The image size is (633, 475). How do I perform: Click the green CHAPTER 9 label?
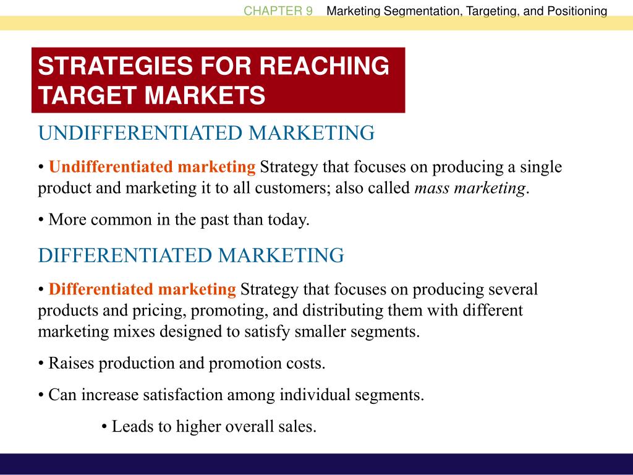[278, 11]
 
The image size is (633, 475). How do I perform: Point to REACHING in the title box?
[324, 66]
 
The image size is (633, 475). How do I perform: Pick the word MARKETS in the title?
[205, 95]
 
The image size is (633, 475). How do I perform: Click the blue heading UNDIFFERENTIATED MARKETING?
[206, 134]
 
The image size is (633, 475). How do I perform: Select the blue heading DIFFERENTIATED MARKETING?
[191, 255]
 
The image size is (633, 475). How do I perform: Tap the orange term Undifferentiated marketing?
[152, 167]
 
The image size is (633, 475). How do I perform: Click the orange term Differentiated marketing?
[142, 289]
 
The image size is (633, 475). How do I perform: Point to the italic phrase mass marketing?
[470, 188]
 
